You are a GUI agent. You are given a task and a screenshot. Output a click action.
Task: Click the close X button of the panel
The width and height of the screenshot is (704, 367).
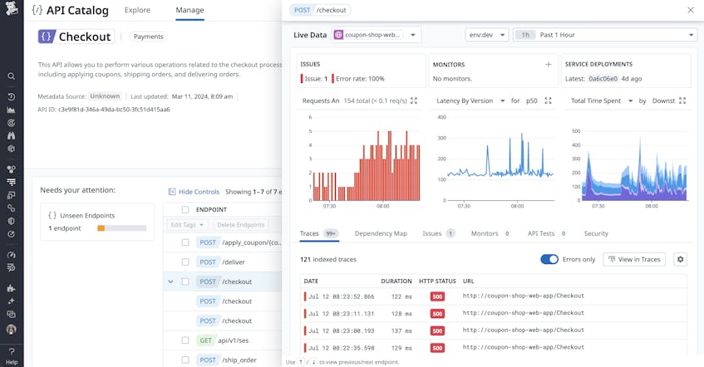690,10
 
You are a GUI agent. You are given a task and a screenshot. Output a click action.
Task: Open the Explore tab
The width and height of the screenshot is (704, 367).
137,10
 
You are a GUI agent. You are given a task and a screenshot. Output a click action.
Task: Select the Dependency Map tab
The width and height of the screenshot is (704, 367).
381,233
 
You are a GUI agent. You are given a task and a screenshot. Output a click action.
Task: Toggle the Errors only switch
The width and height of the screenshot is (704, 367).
549,259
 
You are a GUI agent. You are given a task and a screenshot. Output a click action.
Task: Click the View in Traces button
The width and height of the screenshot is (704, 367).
634,259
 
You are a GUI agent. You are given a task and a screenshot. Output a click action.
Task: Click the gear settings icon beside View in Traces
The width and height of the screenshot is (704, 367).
680,259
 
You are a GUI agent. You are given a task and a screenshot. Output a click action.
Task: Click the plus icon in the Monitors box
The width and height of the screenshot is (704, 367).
548,64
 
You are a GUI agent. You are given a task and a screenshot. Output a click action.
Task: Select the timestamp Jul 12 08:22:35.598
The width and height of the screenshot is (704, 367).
341,347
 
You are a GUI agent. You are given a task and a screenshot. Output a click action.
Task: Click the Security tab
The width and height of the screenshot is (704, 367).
596,233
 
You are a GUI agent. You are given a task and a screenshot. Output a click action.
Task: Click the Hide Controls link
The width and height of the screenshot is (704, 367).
194,192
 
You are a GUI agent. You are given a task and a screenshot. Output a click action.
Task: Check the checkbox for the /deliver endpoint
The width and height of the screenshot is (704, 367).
185,262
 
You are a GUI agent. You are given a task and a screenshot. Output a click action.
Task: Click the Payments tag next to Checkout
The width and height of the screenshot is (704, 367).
149,37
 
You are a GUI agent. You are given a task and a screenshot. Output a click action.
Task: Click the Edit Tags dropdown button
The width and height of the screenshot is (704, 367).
186,225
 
